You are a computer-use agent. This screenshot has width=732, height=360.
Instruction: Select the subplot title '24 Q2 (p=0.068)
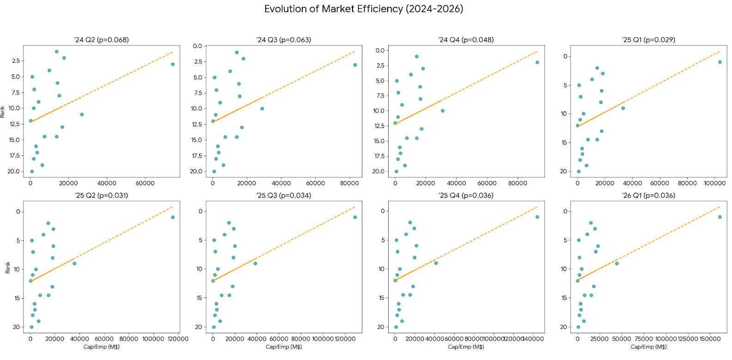point(102,40)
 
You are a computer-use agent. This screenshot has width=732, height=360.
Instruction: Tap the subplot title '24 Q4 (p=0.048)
point(466,40)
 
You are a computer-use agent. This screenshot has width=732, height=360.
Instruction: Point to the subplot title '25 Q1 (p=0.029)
point(648,40)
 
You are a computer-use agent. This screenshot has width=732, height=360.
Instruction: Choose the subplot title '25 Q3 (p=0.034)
point(284,195)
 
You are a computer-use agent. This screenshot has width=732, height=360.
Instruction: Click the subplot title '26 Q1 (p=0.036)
point(648,195)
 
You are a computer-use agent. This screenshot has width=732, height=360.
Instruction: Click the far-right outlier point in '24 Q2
point(173,64)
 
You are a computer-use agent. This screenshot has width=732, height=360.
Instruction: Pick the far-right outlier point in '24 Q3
point(355,65)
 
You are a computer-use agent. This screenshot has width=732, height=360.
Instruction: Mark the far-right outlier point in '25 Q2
point(173,217)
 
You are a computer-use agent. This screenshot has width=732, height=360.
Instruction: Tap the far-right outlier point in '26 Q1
point(720,217)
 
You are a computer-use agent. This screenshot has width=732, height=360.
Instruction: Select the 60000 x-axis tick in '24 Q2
point(145,183)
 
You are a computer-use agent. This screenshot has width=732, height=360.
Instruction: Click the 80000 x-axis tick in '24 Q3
point(349,183)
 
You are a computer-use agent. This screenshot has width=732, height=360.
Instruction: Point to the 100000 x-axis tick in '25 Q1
point(714,183)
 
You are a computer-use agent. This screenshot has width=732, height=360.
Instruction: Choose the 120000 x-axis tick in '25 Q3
point(345,339)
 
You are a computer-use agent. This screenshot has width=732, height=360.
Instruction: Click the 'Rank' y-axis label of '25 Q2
point(7,268)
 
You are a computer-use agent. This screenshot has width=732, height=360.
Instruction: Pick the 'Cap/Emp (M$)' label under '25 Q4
point(466,347)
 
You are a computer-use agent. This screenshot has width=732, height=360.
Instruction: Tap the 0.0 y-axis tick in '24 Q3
point(197,46)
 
